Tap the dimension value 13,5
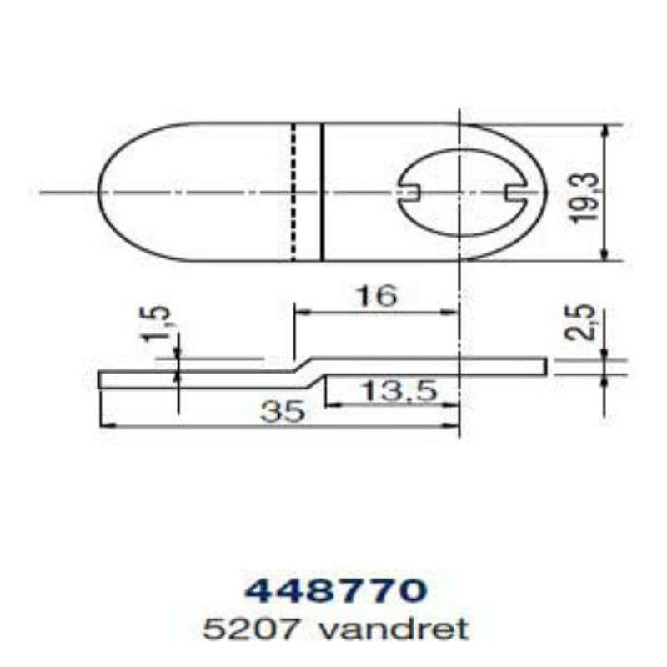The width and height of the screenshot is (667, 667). pyautogui.click(x=399, y=391)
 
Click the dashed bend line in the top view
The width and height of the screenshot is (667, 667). pyautogui.click(x=293, y=193)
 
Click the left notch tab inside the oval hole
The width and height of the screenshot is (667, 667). pyautogui.click(x=409, y=193)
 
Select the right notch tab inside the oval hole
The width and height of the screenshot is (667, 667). pyautogui.click(x=515, y=193)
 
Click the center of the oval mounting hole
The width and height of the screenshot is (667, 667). pyautogui.click(x=461, y=193)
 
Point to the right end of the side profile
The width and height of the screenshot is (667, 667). pyautogui.click(x=545, y=364)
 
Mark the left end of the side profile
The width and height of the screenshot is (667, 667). pyautogui.click(x=101, y=379)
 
